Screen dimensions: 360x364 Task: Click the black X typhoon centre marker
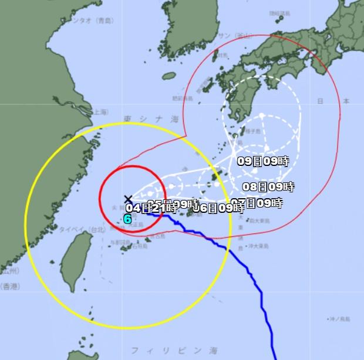pos(129,199)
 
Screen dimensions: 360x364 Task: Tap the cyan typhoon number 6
pos(127,219)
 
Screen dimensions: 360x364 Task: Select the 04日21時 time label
pos(151,208)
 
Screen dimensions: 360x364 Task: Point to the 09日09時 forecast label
pos(263,161)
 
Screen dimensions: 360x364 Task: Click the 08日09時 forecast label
pos(268,187)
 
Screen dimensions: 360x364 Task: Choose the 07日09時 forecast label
pos(258,203)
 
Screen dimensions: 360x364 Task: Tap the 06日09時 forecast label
pos(218,207)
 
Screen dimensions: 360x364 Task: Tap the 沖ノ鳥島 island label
pos(339,320)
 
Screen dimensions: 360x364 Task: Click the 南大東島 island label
pos(258,221)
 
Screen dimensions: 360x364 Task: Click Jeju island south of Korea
pos(168,76)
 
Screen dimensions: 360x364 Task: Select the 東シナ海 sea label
pos(144,120)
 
